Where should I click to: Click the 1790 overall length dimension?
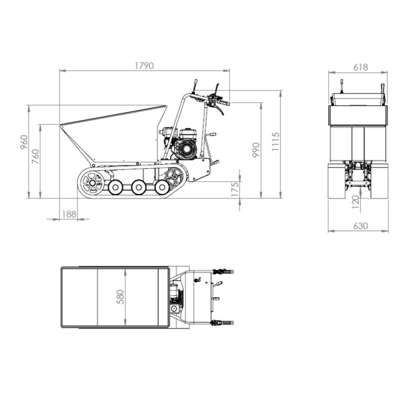[x=144, y=66]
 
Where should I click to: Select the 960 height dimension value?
[x=24, y=142]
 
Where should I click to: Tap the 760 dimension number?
[x=35, y=157]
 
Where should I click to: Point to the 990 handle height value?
[x=256, y=150]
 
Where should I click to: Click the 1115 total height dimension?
[x=275, y=142]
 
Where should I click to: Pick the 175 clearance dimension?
[x=235, y=189]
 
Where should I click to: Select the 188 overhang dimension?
[x=69, y=214]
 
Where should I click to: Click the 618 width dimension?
[x=361, y=67]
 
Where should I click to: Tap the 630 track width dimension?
[x=361, y=226]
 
